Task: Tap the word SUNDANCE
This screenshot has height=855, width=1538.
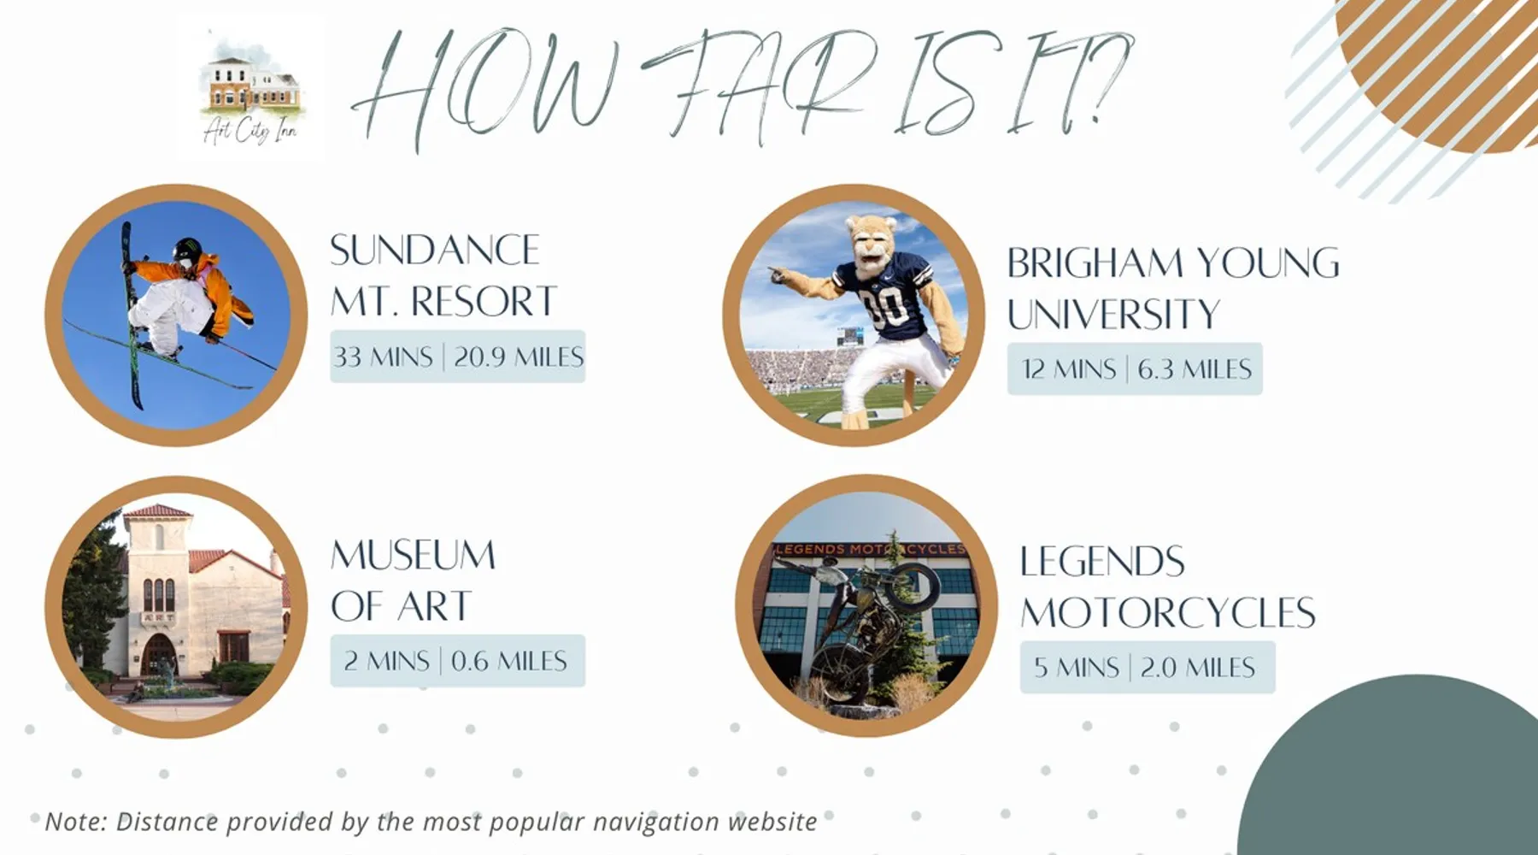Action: point(435,251)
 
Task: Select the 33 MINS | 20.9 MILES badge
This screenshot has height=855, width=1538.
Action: point(457,357)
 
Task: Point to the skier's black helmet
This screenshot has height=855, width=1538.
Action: point(187,251)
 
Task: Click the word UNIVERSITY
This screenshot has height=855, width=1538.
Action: point(1113,314)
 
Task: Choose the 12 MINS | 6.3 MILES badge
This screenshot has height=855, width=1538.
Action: point(1135,369)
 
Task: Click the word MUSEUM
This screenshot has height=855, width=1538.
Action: point(413,555)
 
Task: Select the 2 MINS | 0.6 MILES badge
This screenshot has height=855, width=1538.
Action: point(457,661)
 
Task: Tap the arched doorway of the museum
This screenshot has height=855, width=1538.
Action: point(159,655)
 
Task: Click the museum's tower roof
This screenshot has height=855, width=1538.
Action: point(157,511)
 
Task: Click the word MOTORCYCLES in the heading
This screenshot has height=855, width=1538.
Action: point(1167,613)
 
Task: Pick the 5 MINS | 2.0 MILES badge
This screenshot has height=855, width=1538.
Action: point(1147,667)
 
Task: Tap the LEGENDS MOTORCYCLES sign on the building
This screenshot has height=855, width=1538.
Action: point(870,549)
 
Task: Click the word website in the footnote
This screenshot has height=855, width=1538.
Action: point(772,822)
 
